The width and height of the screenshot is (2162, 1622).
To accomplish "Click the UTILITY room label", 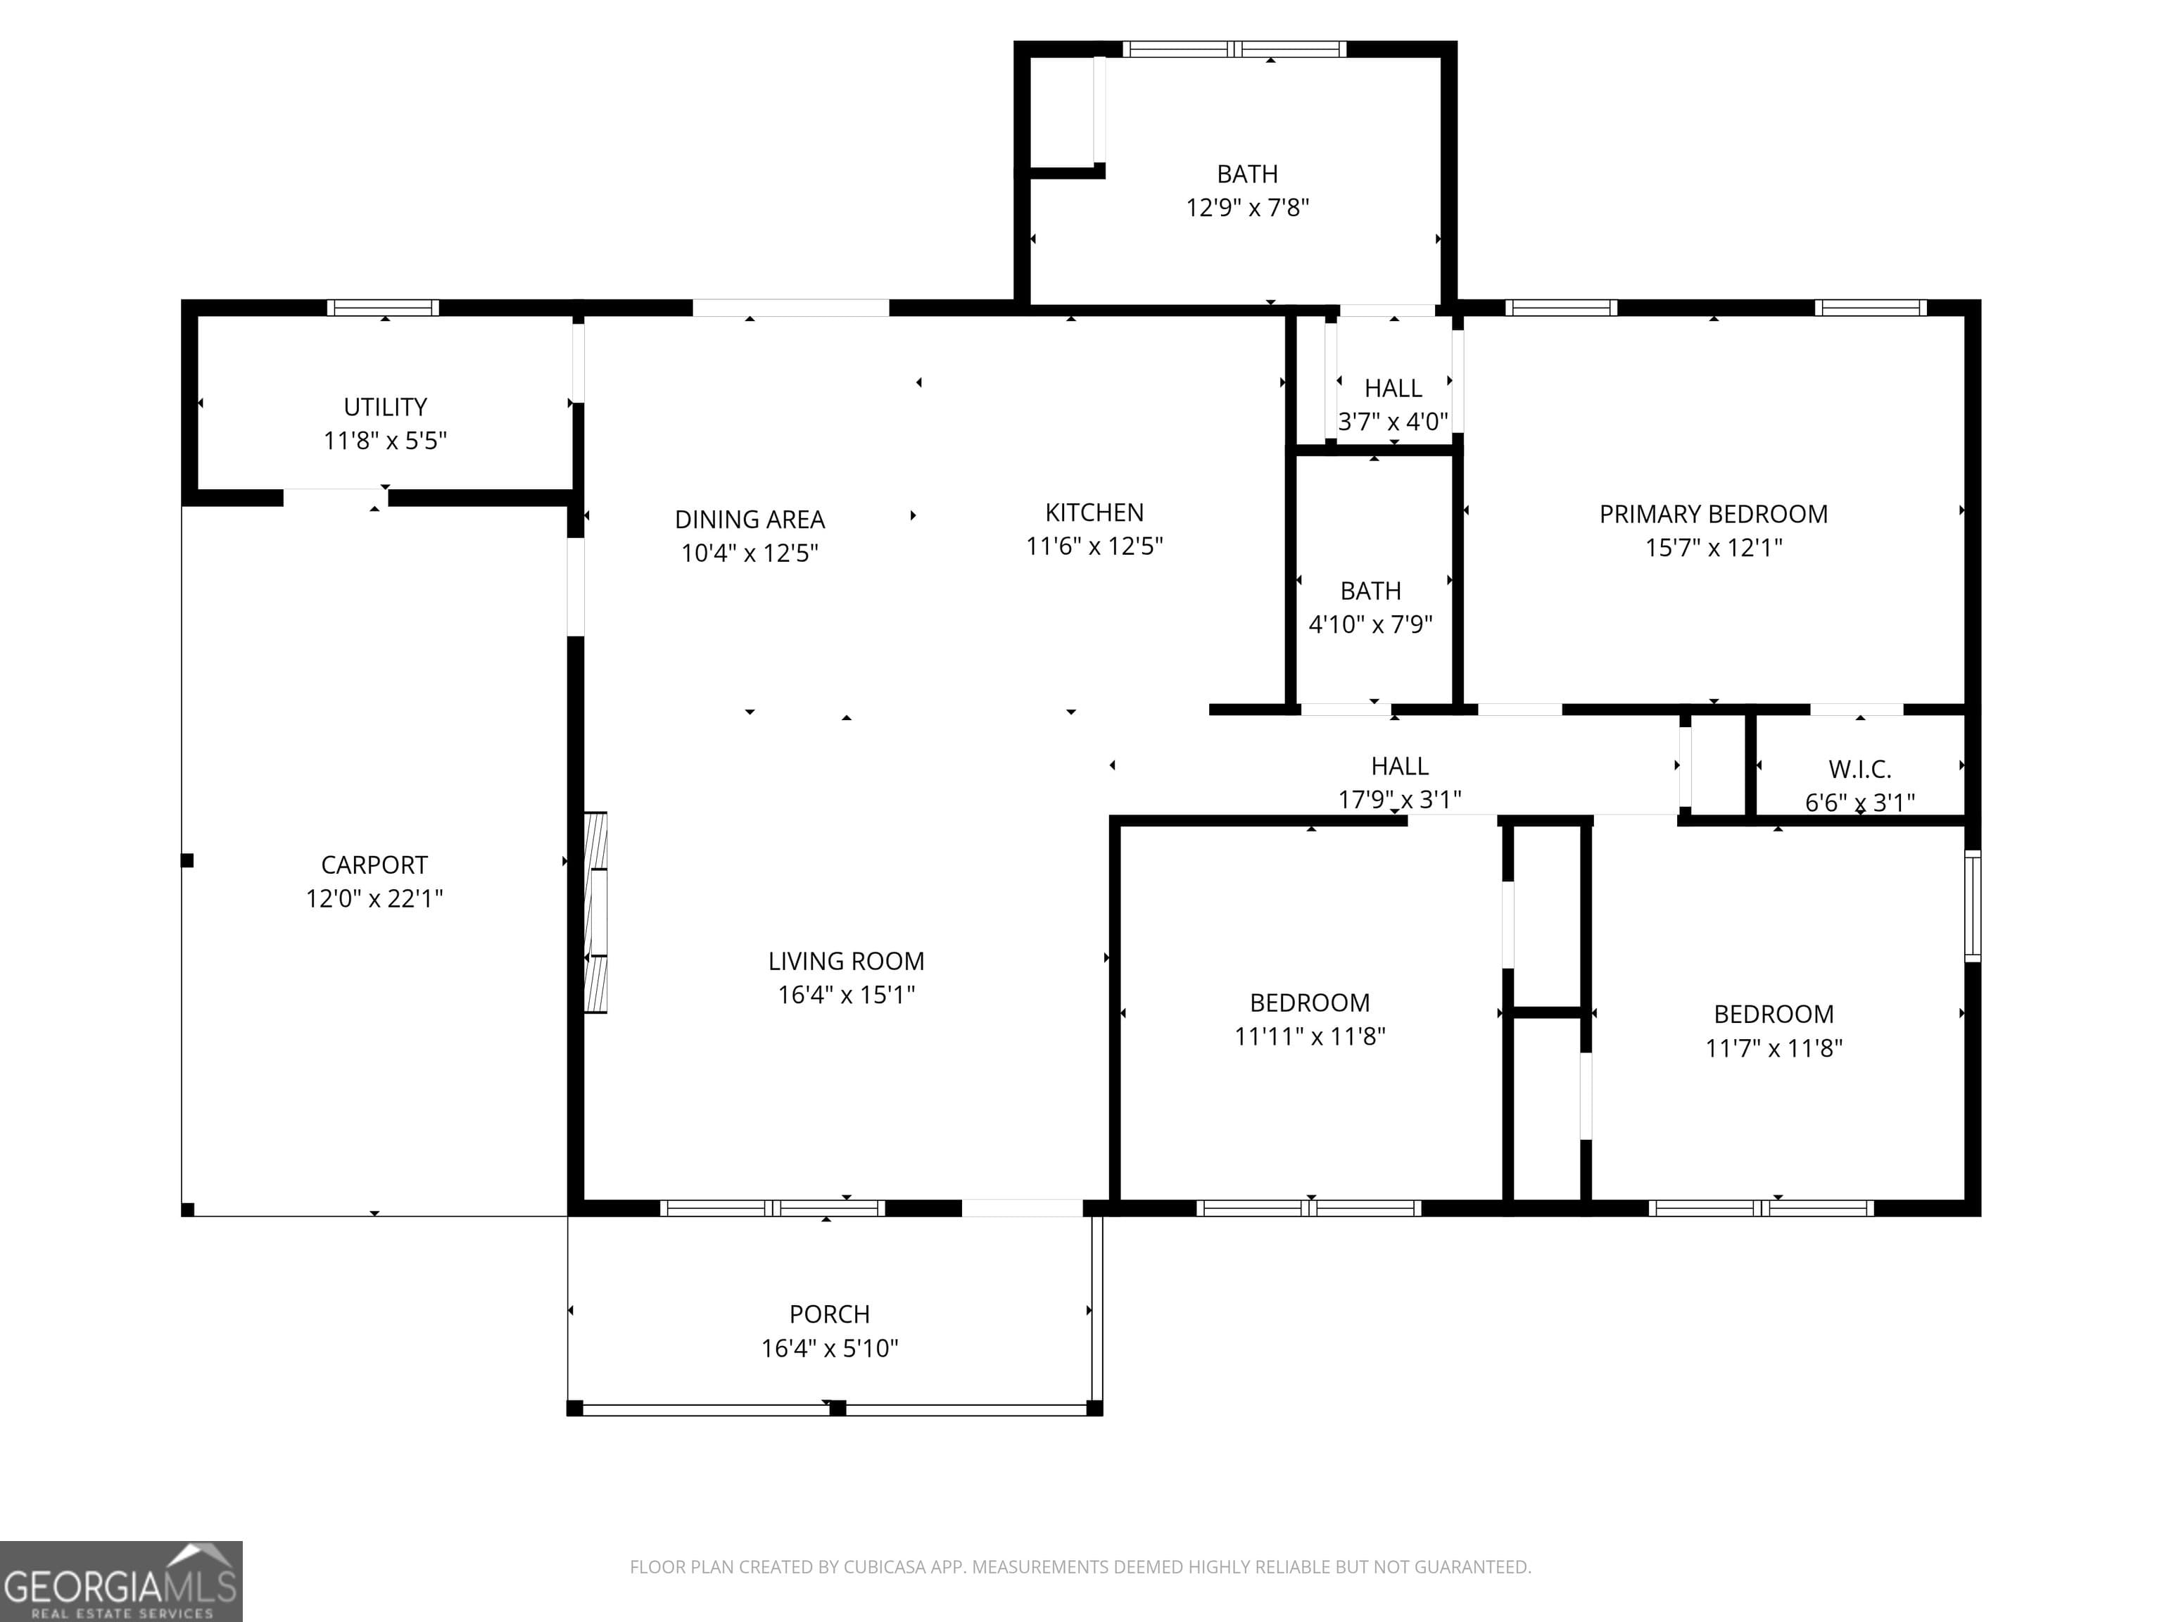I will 385,407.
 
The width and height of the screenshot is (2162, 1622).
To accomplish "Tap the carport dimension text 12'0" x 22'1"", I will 374,898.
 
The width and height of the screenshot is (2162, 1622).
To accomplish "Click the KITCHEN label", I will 1094,513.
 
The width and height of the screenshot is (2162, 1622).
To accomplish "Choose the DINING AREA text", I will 750,519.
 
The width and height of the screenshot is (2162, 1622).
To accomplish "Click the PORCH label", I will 829,1314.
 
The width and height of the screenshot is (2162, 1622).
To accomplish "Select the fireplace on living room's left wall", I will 595,912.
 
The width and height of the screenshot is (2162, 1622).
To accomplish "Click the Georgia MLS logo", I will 121,1581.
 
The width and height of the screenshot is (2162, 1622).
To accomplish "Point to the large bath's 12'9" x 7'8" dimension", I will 1247,207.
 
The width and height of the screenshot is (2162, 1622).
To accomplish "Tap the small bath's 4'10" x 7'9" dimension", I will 1370,624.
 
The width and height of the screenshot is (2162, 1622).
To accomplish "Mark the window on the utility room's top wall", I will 382,308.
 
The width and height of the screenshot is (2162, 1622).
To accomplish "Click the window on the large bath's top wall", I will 1234,49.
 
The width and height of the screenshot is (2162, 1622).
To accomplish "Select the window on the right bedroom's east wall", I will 1973,906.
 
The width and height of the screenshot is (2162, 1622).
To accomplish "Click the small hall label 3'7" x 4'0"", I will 1393,422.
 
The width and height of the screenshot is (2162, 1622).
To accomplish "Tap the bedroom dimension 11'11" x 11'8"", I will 1310,1036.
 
